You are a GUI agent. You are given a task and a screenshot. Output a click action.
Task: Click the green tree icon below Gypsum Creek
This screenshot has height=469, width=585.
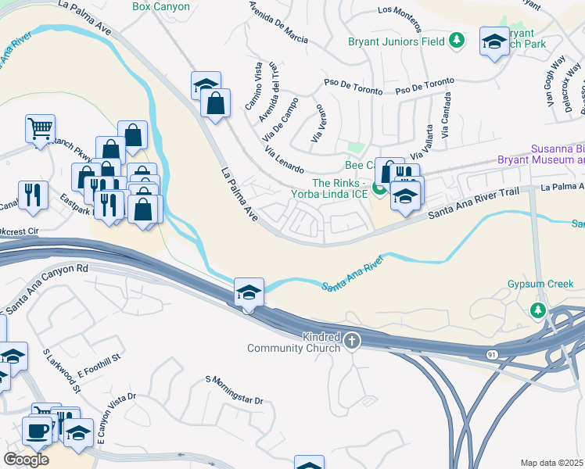537,311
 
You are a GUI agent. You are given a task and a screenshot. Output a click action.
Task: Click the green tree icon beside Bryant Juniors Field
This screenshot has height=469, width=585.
457,40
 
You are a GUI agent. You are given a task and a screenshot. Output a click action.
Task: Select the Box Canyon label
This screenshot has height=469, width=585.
161,6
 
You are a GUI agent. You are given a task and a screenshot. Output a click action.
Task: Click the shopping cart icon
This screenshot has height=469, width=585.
40,127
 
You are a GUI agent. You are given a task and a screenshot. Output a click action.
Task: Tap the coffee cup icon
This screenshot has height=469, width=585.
36,429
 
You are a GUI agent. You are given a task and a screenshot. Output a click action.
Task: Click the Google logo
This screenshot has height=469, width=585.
26,460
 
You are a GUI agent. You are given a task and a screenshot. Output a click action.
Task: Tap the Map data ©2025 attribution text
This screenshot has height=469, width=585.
551,463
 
